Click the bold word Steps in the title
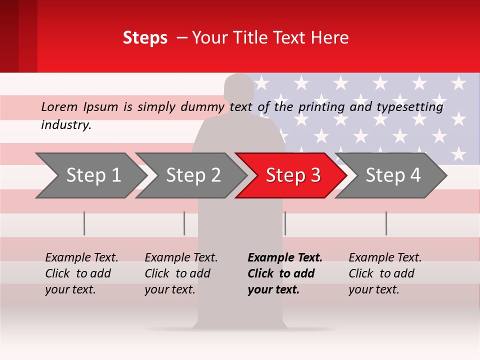pos(145,38)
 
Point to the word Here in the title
pos(329,38)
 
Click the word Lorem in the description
pos(59,107)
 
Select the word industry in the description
pos(66,125)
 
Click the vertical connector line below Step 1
pos(84,223)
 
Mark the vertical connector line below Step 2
pos(184,223)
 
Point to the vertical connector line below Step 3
pos(285,223)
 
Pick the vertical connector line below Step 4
pos(386,223)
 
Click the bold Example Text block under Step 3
pos(284,273)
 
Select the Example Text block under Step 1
pos(81,273)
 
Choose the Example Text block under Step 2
pos(181,273)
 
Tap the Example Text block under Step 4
pos(385,273)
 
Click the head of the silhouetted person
pos(239,90)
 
